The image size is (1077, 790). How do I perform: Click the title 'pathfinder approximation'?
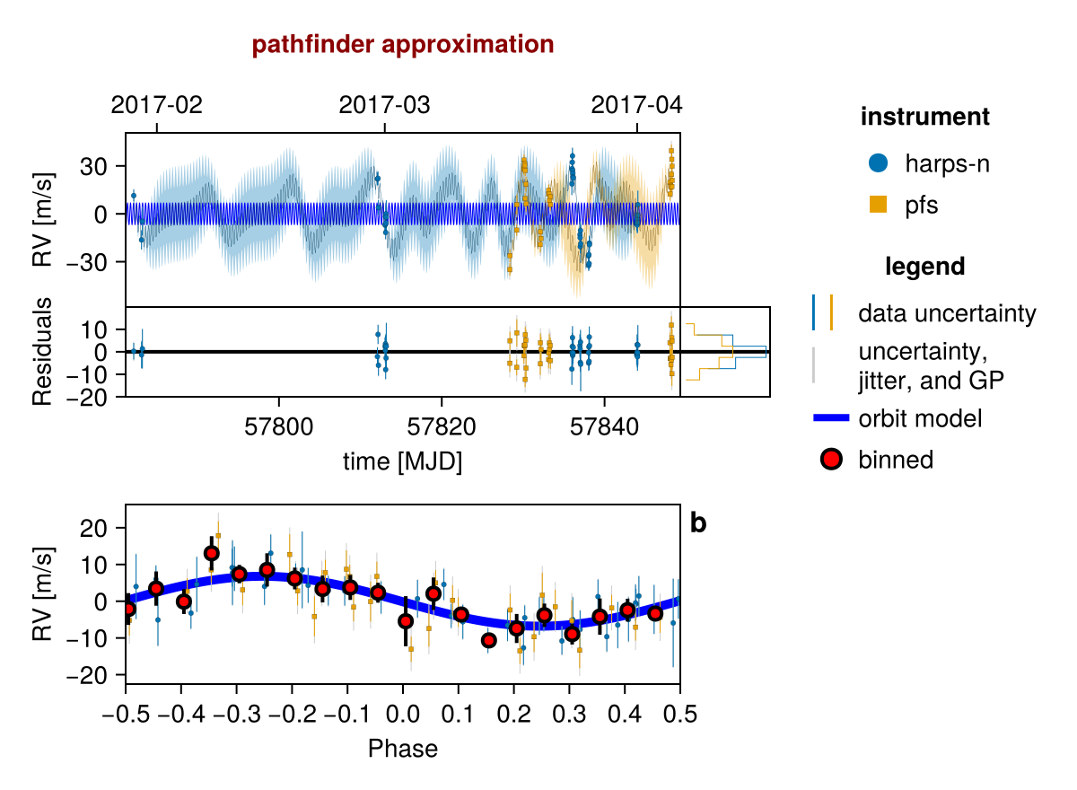pos(403,45)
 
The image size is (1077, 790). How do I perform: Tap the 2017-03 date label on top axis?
pos(384,105)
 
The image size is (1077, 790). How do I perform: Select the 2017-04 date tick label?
pos(636,105)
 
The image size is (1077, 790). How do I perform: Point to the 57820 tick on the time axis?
pos(442,426)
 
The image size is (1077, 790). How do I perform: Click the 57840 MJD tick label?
pos(604,426)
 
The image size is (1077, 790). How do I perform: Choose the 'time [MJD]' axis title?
pos(402,461)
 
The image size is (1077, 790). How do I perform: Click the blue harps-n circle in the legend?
pos(878,163)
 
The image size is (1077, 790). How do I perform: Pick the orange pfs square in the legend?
pos(878,205)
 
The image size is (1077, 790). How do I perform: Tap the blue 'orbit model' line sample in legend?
pos(831,417)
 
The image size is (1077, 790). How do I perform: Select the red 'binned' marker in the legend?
pos(831,459)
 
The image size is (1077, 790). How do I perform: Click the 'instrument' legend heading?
pos(925,117)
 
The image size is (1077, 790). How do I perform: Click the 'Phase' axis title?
pos(403,749)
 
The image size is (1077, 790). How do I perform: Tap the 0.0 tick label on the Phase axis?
pos(403,714)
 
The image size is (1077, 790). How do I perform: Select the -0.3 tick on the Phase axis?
pos(237,714)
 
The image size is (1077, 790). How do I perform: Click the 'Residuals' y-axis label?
pos(42,352)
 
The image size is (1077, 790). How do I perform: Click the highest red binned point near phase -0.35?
pos(212,553)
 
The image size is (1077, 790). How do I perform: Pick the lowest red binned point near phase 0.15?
pos(489,640)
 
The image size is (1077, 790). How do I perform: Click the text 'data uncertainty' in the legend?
pos(947,313)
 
